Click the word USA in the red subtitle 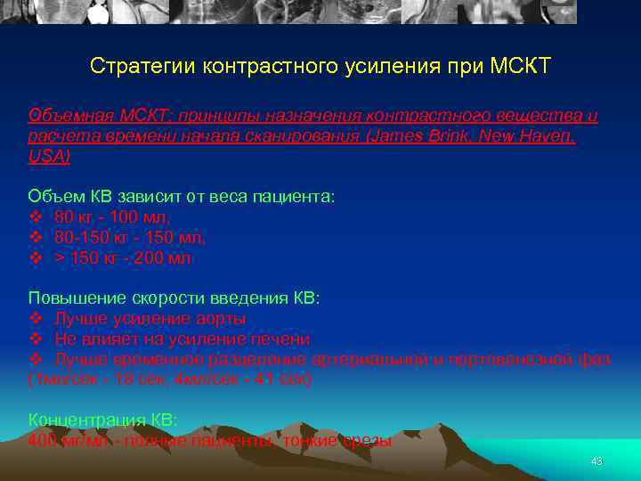[x=46, y=156]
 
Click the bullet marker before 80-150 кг [x=36, y=238]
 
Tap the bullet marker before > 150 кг [x=36, y=258]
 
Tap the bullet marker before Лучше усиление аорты [x=36, y=319]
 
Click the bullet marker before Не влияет [x=36, y=339]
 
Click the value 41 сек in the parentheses [x=278, y=379]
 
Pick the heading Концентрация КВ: [x=102, y=420]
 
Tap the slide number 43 [x=596, y=461]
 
